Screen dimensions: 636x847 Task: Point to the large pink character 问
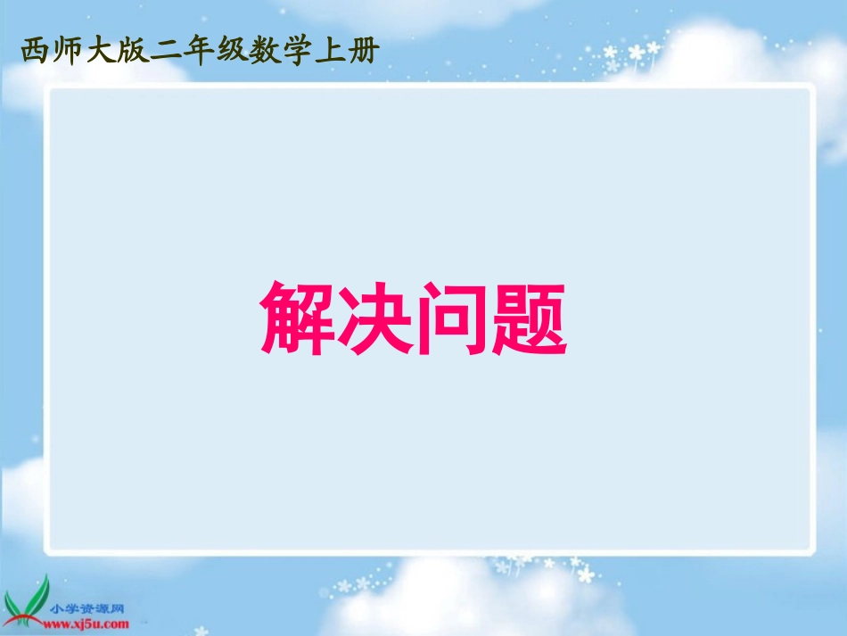point(452,319)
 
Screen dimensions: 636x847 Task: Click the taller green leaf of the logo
point(41,593)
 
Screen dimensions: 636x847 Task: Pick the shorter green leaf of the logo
point(21,603)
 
